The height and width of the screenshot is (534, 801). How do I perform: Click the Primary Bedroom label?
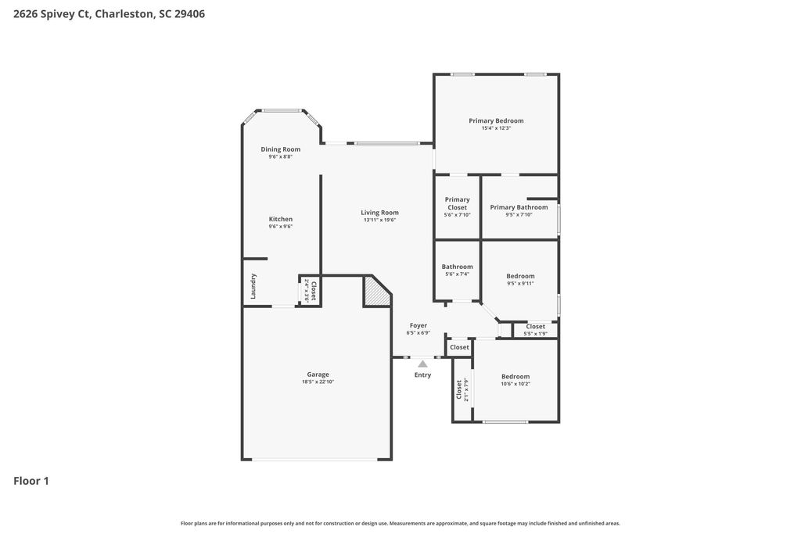[496, 120]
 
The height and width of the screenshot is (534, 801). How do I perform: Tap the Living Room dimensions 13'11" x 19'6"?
[379, 220]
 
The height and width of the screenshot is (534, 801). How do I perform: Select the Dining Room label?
[280, 149]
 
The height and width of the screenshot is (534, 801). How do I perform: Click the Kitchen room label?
[280, 219]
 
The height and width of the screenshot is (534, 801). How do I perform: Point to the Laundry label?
[253, 286]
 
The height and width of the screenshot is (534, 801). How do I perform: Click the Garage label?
[318, 375]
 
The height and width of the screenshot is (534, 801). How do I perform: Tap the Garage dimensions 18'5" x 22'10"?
[318, 382]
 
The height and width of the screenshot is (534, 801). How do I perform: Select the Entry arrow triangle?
[422, 364]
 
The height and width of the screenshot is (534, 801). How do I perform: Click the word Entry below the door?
[422, 375]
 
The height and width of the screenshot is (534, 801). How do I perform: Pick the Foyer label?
[418, 325]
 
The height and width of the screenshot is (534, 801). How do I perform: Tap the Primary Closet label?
[457, 203]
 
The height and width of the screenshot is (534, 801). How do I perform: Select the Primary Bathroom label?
[519, 207]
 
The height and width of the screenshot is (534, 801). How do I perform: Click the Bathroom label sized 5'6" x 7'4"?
[457, 267]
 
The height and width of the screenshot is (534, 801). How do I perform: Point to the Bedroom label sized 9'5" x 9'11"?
[520, 276]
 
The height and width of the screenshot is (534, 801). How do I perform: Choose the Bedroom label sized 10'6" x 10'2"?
[515, 376]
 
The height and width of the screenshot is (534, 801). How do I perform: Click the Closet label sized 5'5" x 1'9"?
[535, 327]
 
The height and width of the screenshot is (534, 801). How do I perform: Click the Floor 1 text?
[31, 481]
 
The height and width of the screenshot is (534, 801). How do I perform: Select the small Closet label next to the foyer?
[459, 347]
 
